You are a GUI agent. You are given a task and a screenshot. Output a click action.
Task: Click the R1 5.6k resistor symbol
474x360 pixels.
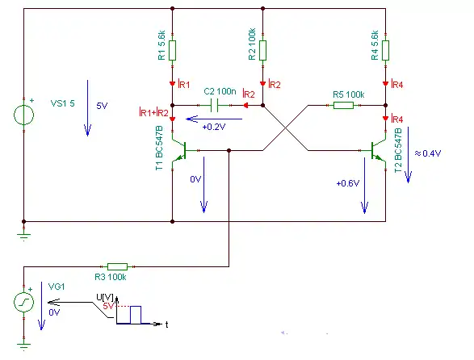[x=172, y=51]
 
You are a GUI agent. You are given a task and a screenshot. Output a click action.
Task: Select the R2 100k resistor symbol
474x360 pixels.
[x=262, y=51]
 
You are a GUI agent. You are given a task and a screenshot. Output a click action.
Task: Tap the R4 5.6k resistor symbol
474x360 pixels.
[x=385, y=51]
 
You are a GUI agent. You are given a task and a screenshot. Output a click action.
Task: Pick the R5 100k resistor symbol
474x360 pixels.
[x=343, y=105]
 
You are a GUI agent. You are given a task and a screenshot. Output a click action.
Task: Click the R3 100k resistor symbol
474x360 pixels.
[x=118, y=266]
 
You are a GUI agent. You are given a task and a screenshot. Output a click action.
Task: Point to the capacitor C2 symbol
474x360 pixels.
[x=214, y=105]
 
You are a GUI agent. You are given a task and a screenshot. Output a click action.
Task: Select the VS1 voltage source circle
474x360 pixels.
[x=24, y=115]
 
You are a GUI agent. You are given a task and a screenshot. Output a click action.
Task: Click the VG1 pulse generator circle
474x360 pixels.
[x=24, y=302]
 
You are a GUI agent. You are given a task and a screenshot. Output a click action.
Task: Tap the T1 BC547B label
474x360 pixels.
[x=159, y=148]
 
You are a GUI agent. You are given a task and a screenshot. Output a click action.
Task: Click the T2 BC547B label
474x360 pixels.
[x=398, y=150]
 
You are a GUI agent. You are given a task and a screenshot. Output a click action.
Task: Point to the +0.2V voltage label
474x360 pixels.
[x=214, y=127]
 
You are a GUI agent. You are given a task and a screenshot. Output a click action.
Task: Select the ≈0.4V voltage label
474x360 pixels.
[x=428, y=153]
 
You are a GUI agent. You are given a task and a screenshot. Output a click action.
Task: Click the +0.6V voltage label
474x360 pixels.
[x=348, y=183]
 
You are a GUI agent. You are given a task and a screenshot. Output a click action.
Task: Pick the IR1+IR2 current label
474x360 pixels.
[x=153, y=113]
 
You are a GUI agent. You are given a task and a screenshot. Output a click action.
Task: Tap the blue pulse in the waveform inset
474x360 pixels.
[x=136, y=315]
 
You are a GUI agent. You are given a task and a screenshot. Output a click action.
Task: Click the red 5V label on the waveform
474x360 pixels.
[x=108, y=306]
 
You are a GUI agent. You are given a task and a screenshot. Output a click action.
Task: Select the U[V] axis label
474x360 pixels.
[x=105, y=297]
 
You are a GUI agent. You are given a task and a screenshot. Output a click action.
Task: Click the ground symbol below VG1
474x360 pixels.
[x=24, y=345]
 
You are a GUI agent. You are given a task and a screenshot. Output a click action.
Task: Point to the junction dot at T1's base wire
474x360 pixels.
[x=229, y=150]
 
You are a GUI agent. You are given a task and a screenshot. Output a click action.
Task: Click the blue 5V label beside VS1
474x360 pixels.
[x=102, y=106]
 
